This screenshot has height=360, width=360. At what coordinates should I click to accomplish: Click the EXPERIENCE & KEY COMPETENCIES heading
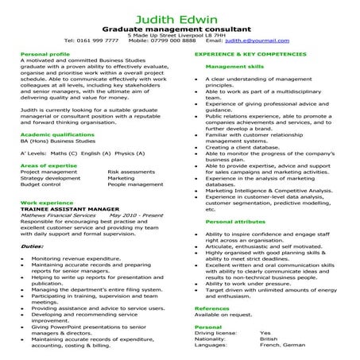250,55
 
